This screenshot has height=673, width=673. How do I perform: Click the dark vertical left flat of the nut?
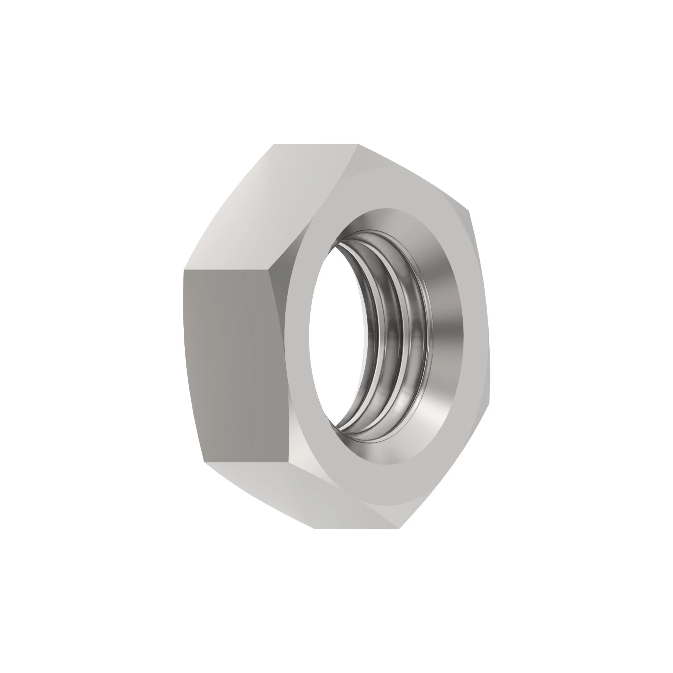[234, 366]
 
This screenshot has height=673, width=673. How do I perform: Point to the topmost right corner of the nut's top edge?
[358, 144]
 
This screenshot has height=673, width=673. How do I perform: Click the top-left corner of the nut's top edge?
[274, 144]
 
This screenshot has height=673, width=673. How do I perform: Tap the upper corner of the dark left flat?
[184, 270]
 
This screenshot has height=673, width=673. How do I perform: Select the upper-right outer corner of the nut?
[469, 211]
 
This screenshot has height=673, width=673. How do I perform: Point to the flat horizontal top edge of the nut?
[316, 144]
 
